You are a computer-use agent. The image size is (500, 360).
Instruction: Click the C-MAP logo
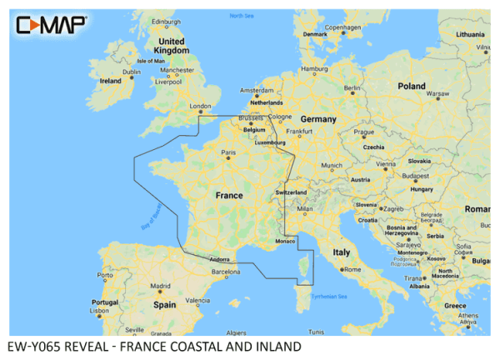point(51,25)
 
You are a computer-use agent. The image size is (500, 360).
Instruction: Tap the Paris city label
point(229,153)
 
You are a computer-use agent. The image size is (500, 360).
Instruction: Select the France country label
point(229,196)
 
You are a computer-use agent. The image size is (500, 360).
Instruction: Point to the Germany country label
point(318,120)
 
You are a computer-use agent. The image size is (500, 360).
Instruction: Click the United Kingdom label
point(173,46)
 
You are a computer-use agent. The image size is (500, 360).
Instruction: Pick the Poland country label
point(411,87)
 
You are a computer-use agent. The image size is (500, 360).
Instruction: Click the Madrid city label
point(161,286)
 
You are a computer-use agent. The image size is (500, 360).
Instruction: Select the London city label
point(201,107)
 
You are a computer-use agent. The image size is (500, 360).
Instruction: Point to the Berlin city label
point(352,87)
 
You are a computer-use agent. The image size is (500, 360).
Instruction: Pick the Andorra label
point(219,258)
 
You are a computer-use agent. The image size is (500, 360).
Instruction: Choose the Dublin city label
point(132,72)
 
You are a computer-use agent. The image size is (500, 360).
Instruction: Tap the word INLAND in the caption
point(271,346)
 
